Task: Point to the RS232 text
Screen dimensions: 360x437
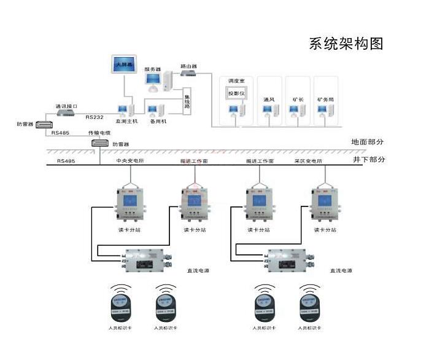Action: (x=95, y=117)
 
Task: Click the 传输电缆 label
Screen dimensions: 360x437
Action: (x=99, y=133)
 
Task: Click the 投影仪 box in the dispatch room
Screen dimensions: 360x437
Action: (x=236, y=93)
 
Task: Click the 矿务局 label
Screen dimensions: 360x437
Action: (x=325, y=99)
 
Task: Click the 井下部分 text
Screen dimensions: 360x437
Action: (x=368, y=160)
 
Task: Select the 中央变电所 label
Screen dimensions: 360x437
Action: (x=130, y=161)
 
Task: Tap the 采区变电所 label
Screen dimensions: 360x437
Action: (x=308, y=161)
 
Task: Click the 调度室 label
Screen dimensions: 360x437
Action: (x=236, y=80)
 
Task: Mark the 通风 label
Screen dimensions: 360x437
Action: (x=268, y=99)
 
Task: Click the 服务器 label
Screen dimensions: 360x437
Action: (x=152, y=70)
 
